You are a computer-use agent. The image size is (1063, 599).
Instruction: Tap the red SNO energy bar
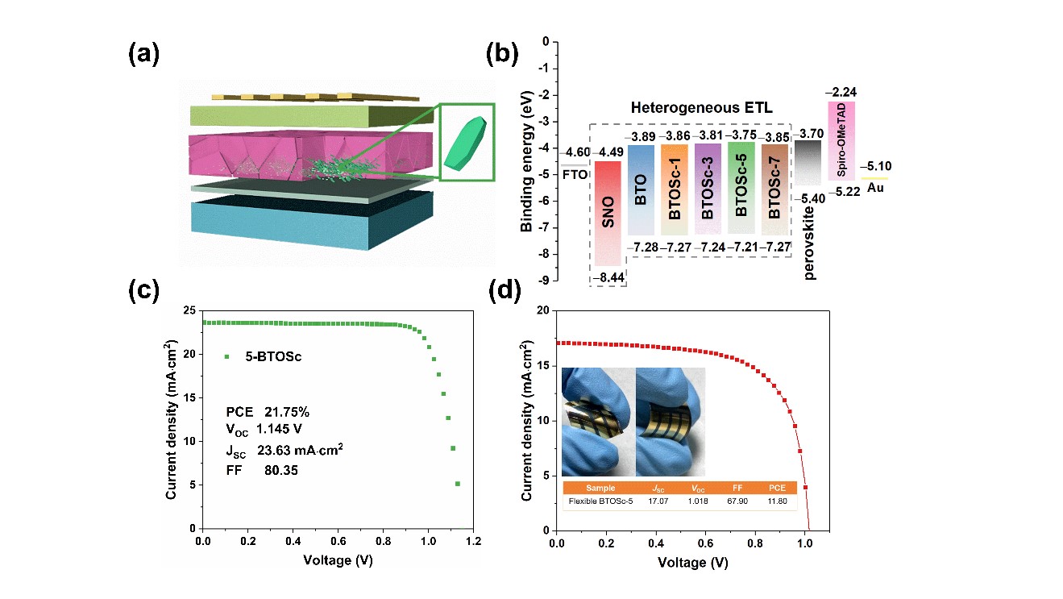point(608,213)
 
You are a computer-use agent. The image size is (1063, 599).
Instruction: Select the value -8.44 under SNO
point(608,277)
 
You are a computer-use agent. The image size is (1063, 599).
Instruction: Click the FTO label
point(574,173)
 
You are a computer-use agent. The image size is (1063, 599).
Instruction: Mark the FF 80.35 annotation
point(262,469)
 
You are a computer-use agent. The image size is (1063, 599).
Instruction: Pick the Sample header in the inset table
point(600,488)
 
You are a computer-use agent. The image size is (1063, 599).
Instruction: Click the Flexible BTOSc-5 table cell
point(600,501)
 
